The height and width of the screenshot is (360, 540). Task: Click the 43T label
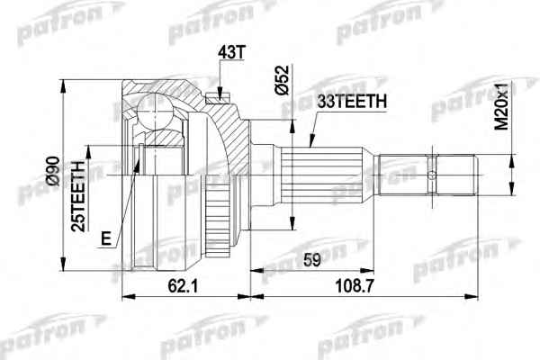(x=231, y=52)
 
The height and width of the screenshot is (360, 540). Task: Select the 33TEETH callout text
(x=352, y=102)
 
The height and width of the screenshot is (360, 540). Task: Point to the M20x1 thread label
(x=502, y=107)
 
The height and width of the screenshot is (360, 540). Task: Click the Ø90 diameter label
(x=54, y=171)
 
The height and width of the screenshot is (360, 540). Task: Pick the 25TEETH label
(x=77, y=196)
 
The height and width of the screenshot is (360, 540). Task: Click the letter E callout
(x=107, y=238)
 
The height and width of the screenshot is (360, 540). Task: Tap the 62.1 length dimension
(x=183, y=285)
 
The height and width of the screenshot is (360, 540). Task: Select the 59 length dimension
(x=312, y=260)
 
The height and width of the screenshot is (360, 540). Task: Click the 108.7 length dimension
(x=355, y=285)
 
